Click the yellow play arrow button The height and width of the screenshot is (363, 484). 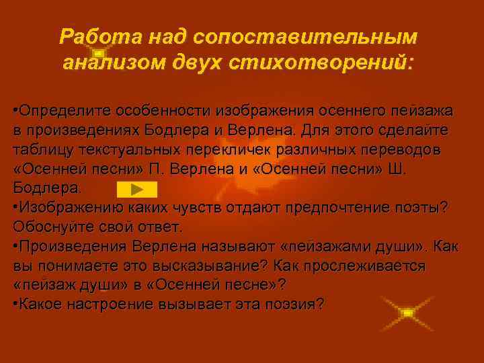[x=136, y=188]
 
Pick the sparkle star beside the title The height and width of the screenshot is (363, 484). [x=98, y=52]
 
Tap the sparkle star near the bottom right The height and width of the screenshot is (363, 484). [x=406, y=313]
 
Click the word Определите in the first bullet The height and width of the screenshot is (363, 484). [x=64, y=109]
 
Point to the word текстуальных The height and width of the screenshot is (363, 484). [x=131, y=149]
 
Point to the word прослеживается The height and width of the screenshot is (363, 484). [x=363, y=266]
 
